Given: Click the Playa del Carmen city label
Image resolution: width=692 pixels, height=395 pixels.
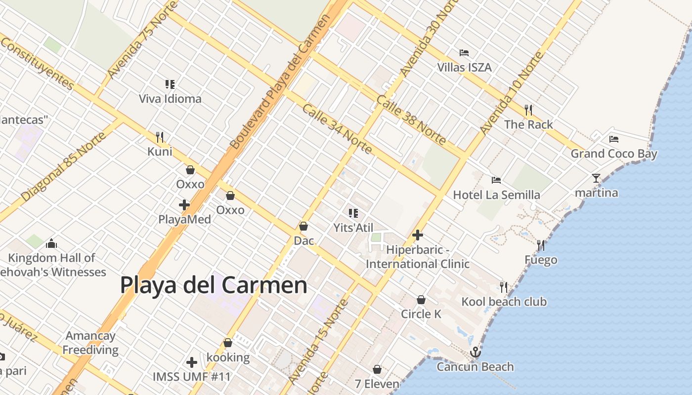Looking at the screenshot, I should click(214, 285).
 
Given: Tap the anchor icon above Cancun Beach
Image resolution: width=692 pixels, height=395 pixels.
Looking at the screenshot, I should click(475, 352).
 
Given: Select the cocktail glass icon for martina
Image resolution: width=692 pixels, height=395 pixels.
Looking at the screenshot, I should click(596, 178).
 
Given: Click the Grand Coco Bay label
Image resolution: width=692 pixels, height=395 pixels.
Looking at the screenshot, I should click(614, 154).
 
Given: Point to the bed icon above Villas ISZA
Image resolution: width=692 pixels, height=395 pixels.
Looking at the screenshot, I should click(464, 53).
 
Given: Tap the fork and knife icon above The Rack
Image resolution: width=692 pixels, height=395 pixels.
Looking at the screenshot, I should click(528, 110).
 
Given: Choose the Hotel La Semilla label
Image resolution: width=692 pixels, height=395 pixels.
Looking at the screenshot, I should click(496, 195).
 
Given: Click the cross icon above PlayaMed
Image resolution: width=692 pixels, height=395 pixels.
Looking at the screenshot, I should click(184, 204).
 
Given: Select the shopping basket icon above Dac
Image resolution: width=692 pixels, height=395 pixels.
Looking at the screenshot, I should click(303, 226).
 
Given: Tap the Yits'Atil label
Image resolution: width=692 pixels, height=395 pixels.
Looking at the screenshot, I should click(353, 228).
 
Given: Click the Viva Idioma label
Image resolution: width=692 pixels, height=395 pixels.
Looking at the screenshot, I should click(170, 99).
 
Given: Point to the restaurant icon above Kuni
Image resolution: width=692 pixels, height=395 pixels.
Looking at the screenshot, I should click(160, 137).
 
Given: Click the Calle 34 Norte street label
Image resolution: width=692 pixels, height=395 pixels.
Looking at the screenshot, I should click(336, 128).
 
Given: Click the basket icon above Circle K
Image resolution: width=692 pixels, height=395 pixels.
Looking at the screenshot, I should click(421, 300).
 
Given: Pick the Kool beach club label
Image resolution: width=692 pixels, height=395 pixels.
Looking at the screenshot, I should click(504, 302).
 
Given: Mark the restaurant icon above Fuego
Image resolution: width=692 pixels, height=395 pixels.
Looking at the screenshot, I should click(541, 245).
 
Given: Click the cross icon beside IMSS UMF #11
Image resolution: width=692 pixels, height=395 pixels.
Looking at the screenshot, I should click(192, 362).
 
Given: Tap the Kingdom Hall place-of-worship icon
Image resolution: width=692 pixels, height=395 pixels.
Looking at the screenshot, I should click(51, 243).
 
